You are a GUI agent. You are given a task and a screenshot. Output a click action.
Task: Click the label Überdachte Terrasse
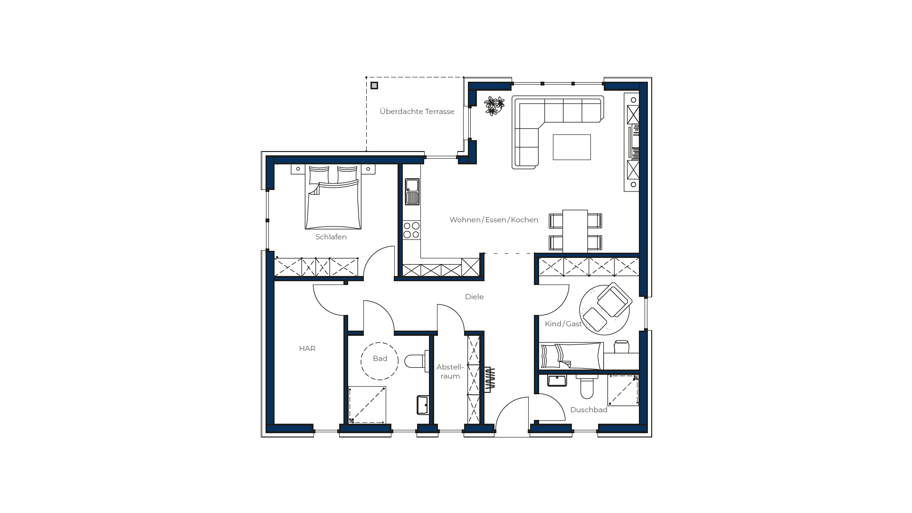pos(417,112)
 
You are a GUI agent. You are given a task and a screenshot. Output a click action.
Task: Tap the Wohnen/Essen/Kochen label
pos(494,220)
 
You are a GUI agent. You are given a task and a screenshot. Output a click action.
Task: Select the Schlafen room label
pos(331,237)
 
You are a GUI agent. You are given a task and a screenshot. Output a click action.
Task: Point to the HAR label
pos(307,349)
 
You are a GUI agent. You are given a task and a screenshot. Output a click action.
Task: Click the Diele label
pos(474,297)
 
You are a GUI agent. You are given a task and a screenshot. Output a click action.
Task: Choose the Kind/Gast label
pos(563,324)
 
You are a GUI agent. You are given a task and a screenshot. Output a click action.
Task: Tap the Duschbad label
pos(589,410)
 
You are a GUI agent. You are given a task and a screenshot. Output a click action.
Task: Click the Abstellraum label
pos(450,371)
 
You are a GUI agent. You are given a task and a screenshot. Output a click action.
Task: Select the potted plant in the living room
pos(494,106)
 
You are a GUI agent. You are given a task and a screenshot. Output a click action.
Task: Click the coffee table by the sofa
pos(571,147)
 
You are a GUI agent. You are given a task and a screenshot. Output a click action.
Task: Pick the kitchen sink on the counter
pos(412,192)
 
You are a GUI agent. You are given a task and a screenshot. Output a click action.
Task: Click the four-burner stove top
pos(411,230)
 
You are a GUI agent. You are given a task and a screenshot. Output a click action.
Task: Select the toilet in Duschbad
pos(587,387)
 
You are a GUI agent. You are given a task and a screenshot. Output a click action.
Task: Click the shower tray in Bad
pos(367,405)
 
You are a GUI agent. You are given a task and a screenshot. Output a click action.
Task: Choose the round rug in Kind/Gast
pos(604,310)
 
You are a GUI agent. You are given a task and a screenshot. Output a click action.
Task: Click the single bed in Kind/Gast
pos(571,356)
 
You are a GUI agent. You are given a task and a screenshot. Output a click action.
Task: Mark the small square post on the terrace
pos(374,85)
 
